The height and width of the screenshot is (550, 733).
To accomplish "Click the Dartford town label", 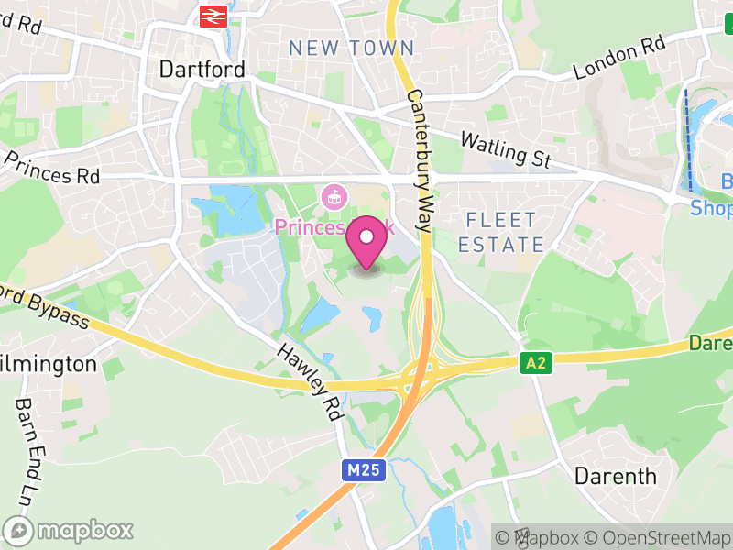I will pyautogui.click(x=202, y=70).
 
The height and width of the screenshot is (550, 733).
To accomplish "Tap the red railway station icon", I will pyautogui.click(x=213, y=16).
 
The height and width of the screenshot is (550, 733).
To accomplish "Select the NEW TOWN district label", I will pyautogui.click(x=352, y=48).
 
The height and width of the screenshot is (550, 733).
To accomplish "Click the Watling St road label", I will pyautogui.click(x=505, y=150).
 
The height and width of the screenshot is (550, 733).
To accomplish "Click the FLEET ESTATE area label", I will pyautogui.click(x=500, y=232).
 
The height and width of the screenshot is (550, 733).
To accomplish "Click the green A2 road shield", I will pyautogui.click(x=536, y=364).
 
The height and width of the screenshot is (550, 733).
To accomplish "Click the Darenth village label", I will pyautogui.click(x=615, y=476).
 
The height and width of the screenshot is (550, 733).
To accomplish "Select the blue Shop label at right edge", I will pyautogui.click(x=711, y=209).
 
